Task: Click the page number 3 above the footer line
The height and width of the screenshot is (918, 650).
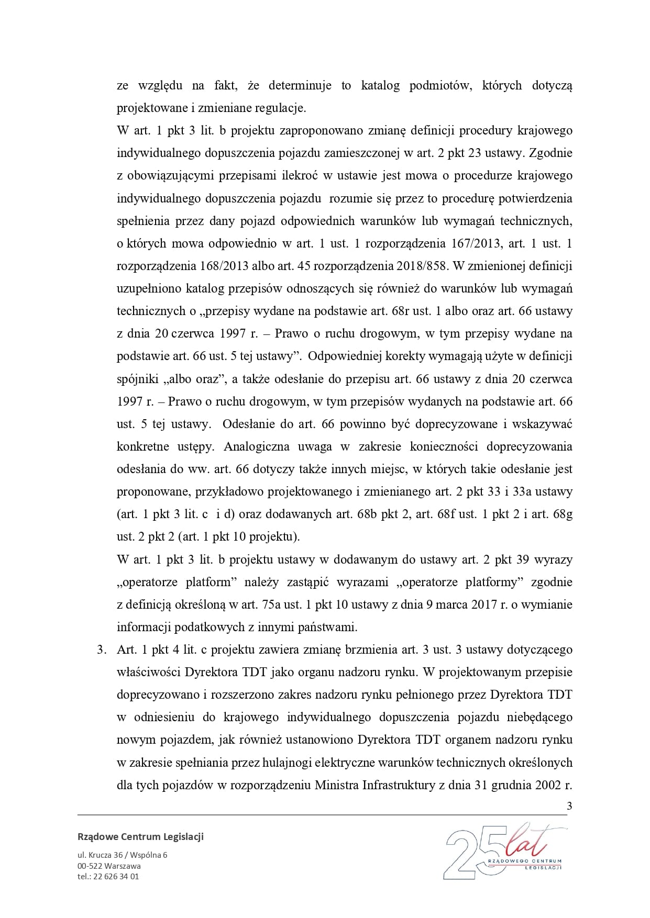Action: tap(569, 806)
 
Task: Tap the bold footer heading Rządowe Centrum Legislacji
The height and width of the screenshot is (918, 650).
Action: tap(140, 836)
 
